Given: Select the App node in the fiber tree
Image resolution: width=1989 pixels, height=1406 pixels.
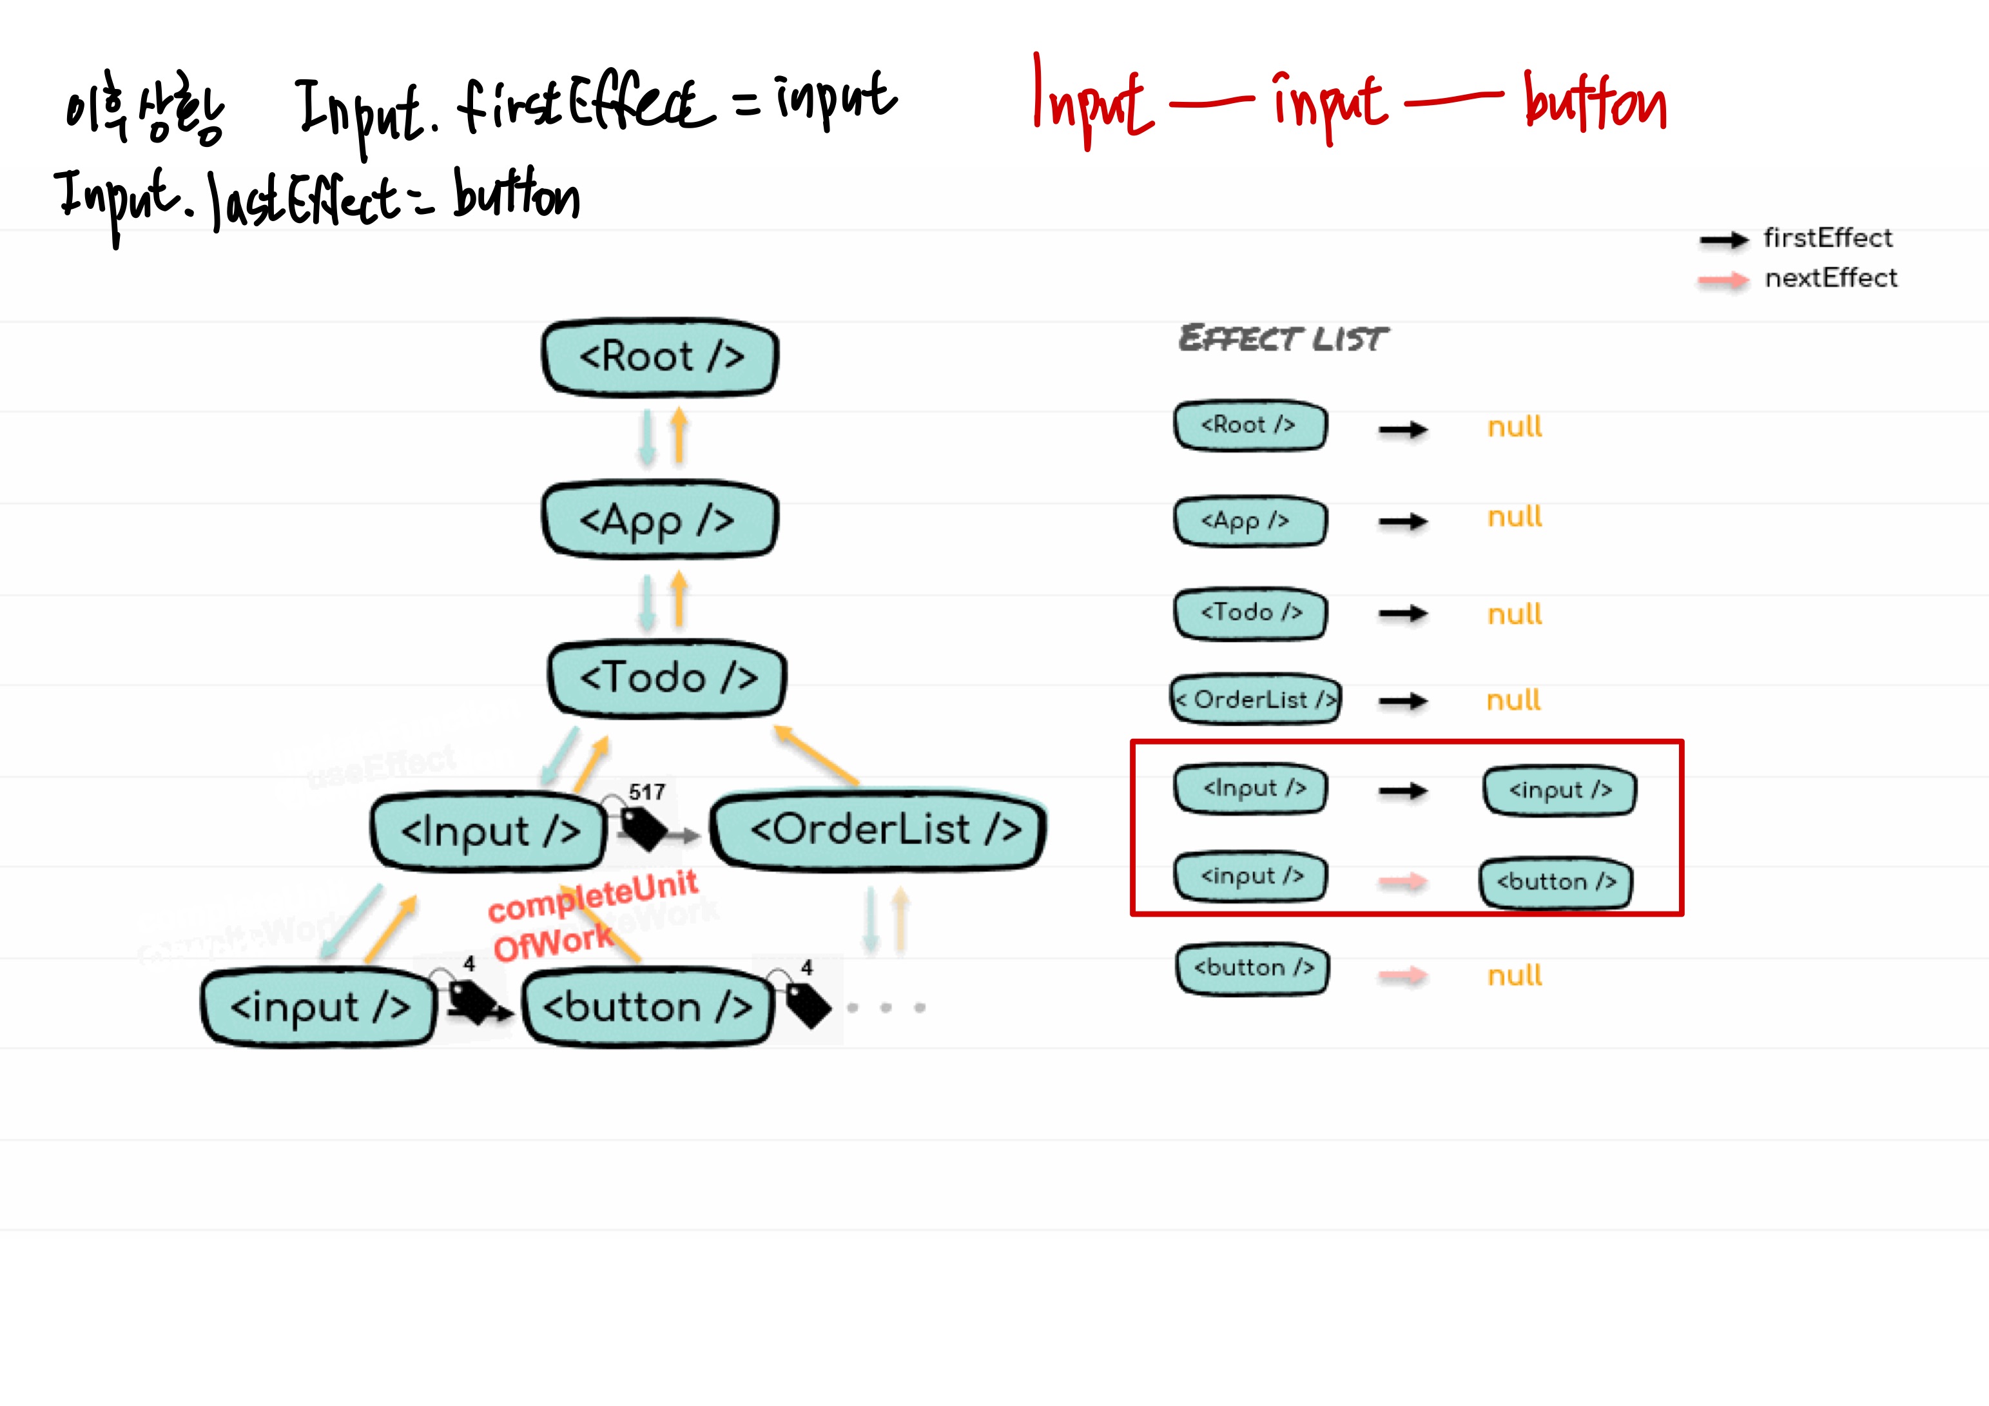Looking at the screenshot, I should (x=659, y=520).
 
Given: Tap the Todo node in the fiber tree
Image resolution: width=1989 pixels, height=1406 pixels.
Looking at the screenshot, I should (x=667, y=678).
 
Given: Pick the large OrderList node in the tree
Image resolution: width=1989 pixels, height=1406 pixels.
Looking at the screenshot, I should (x=878, y=830).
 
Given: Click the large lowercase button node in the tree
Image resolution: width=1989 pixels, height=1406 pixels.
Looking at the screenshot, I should (x=648, y=1007).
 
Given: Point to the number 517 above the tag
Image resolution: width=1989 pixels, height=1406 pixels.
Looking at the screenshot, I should (x=646, y=792).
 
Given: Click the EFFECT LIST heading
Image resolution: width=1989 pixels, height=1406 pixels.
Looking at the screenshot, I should (x=1283, y=338).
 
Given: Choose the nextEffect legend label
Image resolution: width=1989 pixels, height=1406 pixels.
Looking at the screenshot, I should (x=1830, y=278).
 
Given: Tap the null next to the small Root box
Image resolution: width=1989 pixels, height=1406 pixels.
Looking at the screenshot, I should (x=1514, y=427).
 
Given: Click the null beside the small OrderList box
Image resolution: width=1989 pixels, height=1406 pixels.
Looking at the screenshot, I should (x=1513, y=700).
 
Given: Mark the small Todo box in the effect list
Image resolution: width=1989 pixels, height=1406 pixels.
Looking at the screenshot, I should (x=1251, y=613).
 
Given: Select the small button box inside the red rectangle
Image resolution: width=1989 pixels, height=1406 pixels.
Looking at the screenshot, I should (x=1556, y=882).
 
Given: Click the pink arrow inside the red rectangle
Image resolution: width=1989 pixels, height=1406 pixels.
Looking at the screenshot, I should (x=1402, y=882).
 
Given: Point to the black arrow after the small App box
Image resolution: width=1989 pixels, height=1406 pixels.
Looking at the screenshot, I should (x=1402, y=522).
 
